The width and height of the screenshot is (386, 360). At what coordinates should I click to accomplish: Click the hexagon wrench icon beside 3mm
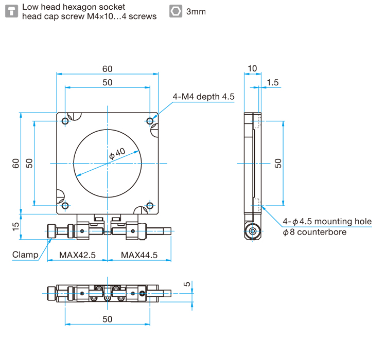[176, 11]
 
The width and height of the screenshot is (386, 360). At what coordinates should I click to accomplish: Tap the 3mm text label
[196, 11]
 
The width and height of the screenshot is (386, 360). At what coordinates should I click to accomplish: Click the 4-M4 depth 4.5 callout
[203, 96]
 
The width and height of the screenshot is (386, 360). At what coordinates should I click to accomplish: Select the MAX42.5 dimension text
[77, 255]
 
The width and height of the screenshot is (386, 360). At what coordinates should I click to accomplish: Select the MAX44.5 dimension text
[139, 255]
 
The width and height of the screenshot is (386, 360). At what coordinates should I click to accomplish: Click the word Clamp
[25, 255]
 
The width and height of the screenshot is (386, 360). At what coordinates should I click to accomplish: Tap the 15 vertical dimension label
[16, 225]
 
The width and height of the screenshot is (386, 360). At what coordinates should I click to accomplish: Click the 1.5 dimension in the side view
[273, 82]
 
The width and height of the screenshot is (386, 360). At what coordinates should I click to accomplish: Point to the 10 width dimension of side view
[252, 68]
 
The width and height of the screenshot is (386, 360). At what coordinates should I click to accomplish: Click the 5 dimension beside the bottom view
[188, 284]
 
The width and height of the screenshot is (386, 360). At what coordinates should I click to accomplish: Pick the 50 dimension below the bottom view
[107, 319]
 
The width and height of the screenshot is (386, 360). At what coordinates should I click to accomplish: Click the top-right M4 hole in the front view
[150, 121]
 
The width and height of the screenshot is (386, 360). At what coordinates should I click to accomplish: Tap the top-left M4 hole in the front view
[65, 121]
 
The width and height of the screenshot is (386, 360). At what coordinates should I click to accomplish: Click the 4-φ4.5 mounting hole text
[327, 222]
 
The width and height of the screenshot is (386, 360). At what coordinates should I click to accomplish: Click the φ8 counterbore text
[314, 232]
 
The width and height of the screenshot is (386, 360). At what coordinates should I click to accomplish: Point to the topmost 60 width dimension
[107, 69]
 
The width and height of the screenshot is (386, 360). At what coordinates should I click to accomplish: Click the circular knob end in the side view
[252, 232]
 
